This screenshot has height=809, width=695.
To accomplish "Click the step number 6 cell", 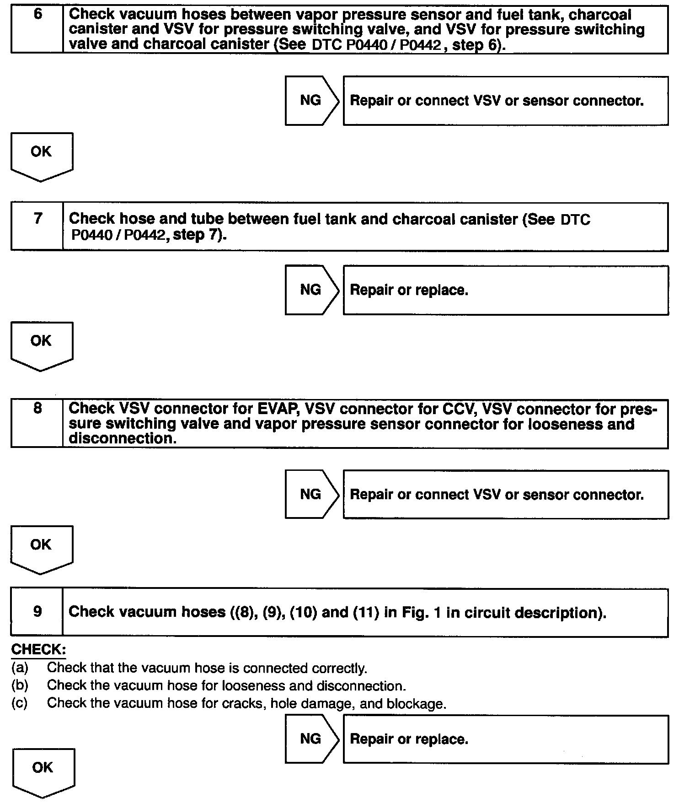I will [x=37, y=29].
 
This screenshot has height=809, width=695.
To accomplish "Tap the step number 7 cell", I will [x=37, y=227].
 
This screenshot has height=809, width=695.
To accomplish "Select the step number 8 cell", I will [x=37, y=423].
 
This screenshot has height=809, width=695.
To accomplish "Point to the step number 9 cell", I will [x=37, y=612].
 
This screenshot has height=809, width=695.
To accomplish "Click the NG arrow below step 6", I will [x=311, y=101].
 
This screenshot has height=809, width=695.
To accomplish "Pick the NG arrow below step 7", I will [x=311, y=290].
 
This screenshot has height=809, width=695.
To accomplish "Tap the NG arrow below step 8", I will [x=311, y=494].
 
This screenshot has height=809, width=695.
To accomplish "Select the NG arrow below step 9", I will [x=311, y=739].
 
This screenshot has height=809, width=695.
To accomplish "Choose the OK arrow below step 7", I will [x=41, y=345].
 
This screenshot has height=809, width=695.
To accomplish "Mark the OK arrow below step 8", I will [x=41, y=548].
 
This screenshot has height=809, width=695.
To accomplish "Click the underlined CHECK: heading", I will [x=38, y=650].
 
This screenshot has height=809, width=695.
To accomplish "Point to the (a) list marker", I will [x=20, y=668].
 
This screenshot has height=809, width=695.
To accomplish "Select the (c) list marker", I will [x=20, y=703].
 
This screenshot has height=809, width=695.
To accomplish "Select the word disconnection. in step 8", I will [x=123, y=438].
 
